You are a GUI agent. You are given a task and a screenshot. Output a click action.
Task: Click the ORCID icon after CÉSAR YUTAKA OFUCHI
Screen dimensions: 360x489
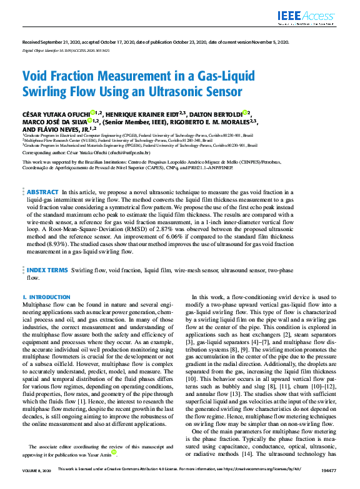[x=92, y=112]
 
